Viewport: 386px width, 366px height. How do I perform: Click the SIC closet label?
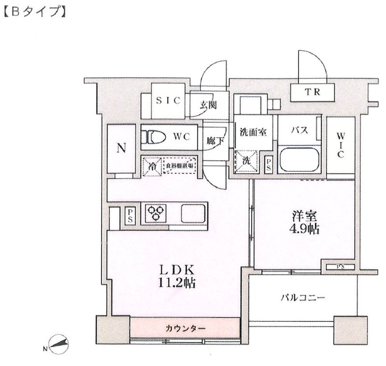[167, 101]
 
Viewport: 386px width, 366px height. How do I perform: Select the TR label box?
[313, 92]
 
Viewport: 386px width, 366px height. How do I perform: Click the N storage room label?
[122, 148]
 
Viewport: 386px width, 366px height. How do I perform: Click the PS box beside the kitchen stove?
[130, 214]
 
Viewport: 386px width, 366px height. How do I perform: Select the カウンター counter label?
[185, 328]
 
